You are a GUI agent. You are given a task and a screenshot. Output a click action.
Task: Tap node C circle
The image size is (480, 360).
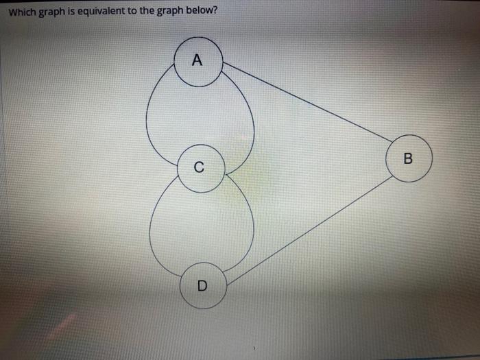click(x=200, y=167)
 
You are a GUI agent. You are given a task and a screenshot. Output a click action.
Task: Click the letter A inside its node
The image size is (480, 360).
click(x=198, y=61)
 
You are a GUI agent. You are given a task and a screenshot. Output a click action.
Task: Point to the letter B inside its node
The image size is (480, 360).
click(x=409, y=159)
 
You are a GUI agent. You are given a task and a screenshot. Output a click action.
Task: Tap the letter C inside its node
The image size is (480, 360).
click(x=199, y=167)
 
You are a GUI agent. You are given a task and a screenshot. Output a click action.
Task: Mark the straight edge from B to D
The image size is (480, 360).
click(x=309, y=230)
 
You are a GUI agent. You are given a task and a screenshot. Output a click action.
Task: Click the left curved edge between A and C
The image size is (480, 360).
click(x=148, y=117)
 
